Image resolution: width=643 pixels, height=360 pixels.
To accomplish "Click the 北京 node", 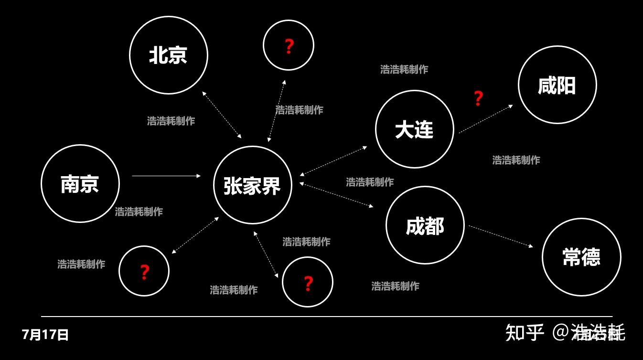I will click(169, 55).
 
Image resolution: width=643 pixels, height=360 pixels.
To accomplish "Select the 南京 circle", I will click(80, 184).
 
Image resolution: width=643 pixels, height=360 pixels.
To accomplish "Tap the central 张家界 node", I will click(252, 185).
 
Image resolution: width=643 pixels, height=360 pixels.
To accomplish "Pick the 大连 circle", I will click(414, 129).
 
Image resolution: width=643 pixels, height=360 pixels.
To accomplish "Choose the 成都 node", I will click(425, 225).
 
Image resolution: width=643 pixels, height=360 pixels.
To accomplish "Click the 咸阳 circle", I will click(557, 85).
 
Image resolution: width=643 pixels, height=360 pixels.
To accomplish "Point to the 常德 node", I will click(581, 257).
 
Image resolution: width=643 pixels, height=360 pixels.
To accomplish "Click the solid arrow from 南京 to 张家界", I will click(166, 176).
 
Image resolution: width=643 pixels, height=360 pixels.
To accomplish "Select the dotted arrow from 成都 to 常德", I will click(500, 236).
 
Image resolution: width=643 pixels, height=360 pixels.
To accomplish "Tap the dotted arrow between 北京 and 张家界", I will click(222, 115).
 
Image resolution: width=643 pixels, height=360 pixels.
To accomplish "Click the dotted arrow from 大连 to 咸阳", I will click(485, 119).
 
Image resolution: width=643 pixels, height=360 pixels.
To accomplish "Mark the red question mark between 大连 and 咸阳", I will click(478, 98).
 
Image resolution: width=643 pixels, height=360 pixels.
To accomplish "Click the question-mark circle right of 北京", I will click(289, 45).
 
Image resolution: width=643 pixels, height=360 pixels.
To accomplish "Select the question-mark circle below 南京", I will click(144, 271).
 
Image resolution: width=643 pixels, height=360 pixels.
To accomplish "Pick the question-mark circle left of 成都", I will click(308, 282).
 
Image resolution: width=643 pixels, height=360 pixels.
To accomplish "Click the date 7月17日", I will click(45, 335).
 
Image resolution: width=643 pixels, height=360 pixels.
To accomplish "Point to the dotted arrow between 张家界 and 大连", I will click(333, 161).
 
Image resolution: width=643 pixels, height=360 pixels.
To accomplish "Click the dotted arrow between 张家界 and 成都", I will click(336, 195).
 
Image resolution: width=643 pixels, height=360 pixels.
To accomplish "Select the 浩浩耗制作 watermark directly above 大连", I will click(404, 69).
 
